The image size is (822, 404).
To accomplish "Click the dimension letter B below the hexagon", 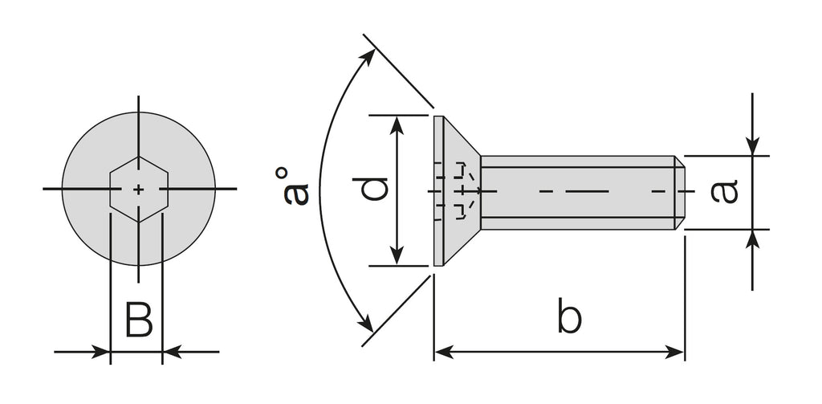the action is coord(139,319).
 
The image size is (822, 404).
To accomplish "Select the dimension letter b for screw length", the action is coord(569,316).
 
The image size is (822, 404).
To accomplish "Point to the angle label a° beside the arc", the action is coord(295,186).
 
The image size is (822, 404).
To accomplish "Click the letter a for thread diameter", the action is coord(725,191).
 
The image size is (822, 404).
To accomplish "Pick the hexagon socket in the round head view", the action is coord(139,190).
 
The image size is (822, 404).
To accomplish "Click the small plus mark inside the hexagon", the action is coord(139,190).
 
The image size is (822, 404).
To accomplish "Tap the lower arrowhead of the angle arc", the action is coord(368,324).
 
